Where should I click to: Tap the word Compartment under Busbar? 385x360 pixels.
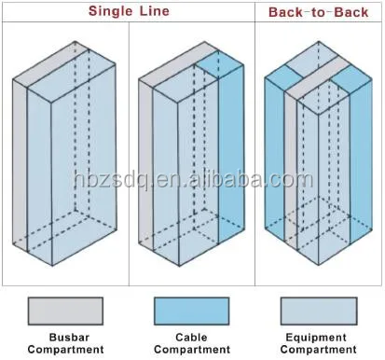point(64,350)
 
